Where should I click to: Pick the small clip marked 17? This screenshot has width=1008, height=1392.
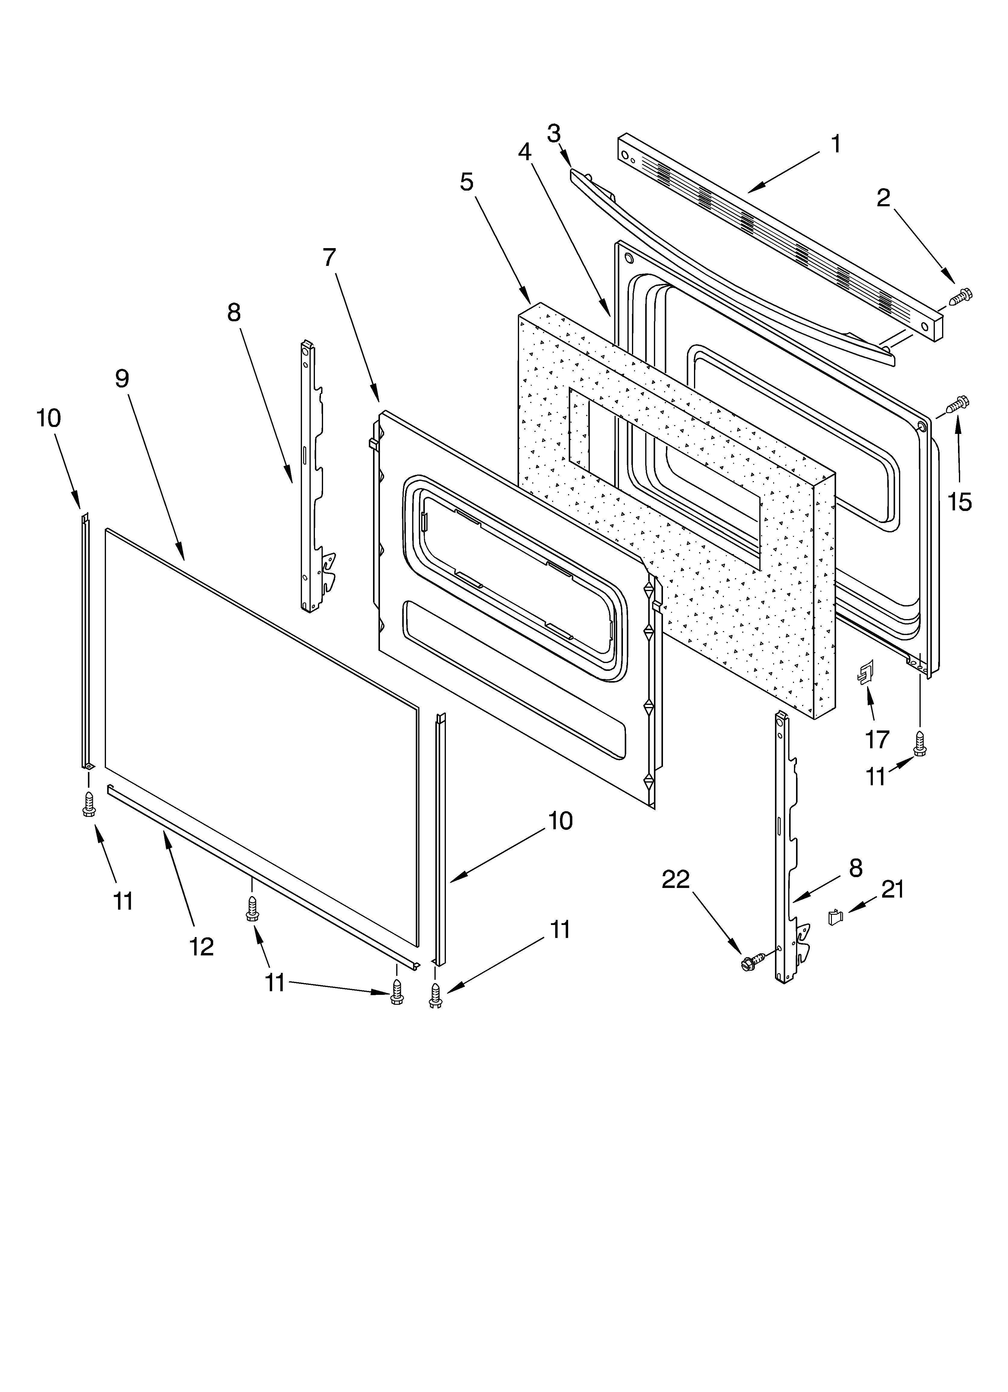[x=865, y=673]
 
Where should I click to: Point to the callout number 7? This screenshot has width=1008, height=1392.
[x=330, y=257]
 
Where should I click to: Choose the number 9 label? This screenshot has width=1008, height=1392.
[x=122, y=379]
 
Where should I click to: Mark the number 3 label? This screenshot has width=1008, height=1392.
[x=554, y=133]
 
